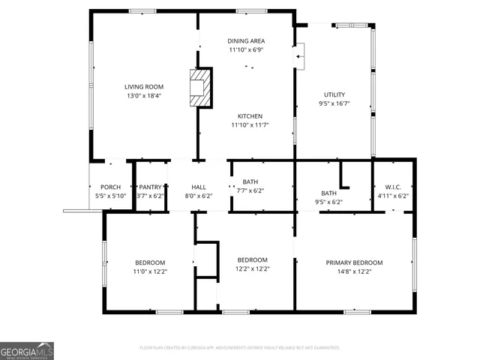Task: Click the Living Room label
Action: [143, 87]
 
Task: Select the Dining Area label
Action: [247, 40]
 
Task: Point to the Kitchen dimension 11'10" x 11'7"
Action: [250, 125]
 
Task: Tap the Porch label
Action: [110, 187]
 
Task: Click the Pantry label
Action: [150, 187]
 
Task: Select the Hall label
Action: [199, 187]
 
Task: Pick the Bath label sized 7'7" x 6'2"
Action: [250, 181]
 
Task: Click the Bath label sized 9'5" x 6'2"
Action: [328, 193]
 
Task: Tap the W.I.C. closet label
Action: [393, 187]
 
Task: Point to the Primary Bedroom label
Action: [354, 262]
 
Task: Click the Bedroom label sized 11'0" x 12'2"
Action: [150, 262]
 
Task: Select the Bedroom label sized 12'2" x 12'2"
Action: [252, 259]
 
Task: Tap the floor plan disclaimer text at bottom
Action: [240, 348]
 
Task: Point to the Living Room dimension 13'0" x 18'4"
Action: [143, 96]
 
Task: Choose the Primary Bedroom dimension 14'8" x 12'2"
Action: [354, 271]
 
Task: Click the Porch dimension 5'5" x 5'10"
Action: [110, 196]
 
